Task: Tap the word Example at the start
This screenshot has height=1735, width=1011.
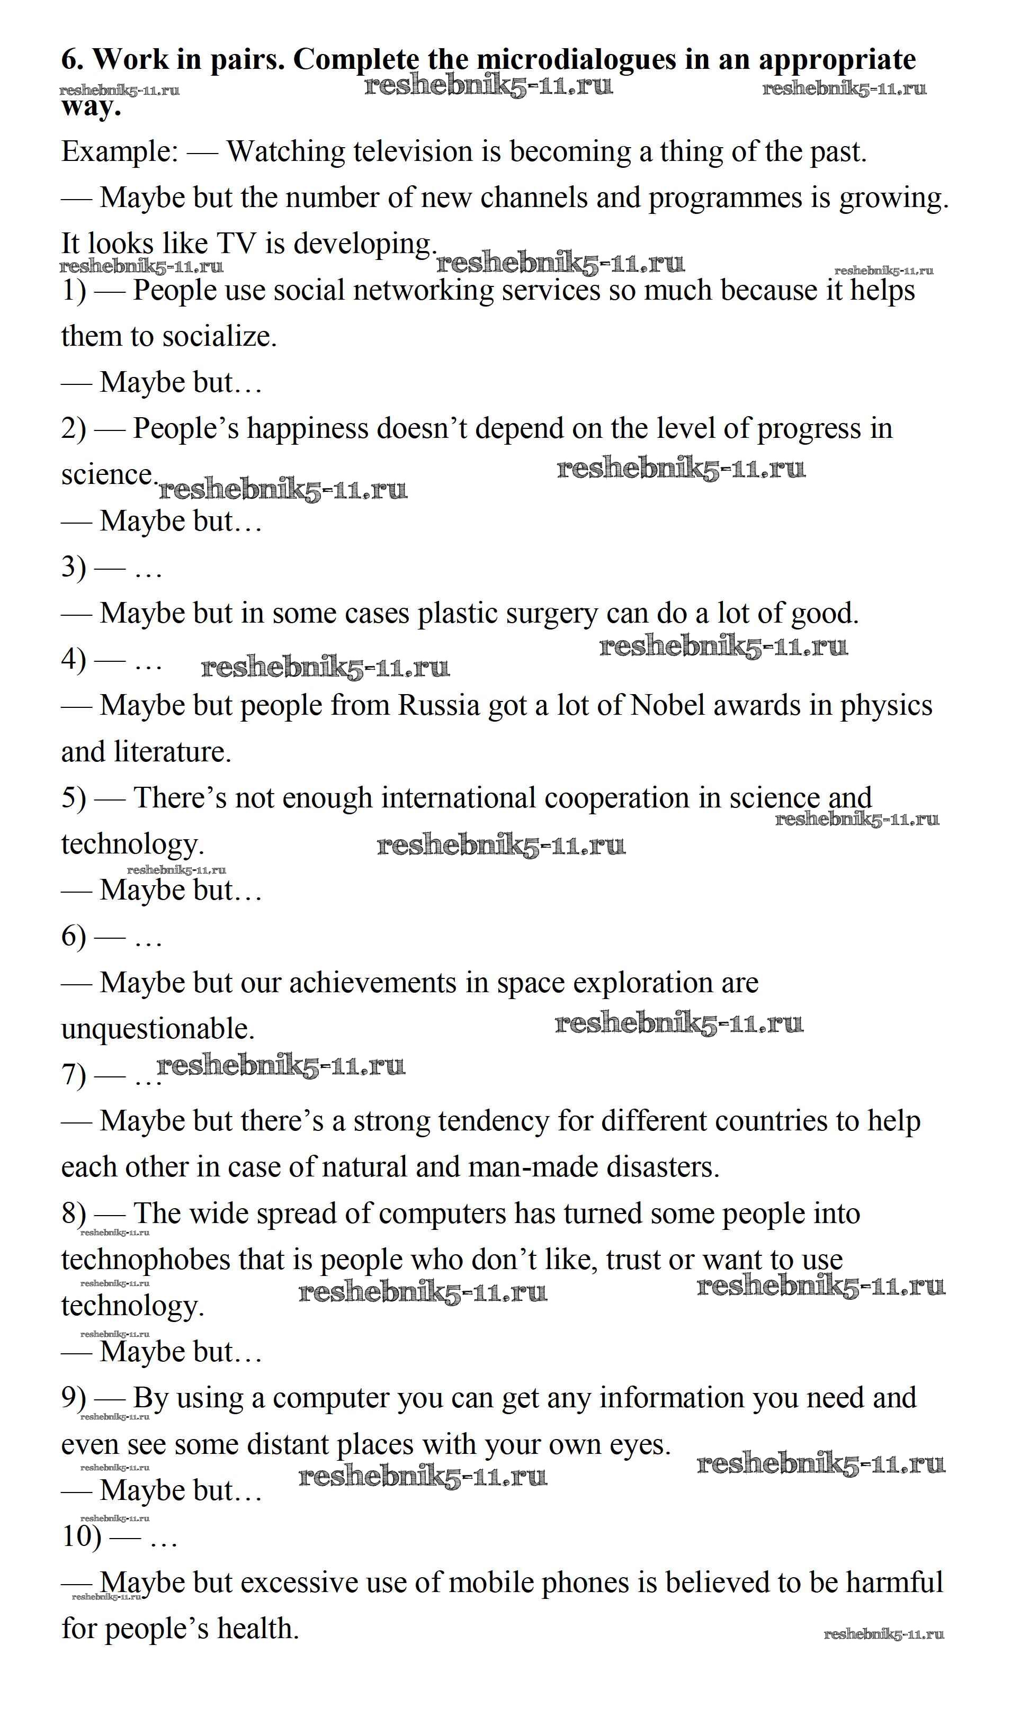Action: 119,151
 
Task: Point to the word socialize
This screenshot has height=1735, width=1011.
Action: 220,336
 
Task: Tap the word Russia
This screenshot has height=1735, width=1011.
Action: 439,705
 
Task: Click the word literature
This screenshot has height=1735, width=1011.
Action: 172,751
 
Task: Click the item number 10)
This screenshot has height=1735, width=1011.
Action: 81,1536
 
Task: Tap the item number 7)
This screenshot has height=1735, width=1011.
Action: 74,1074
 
